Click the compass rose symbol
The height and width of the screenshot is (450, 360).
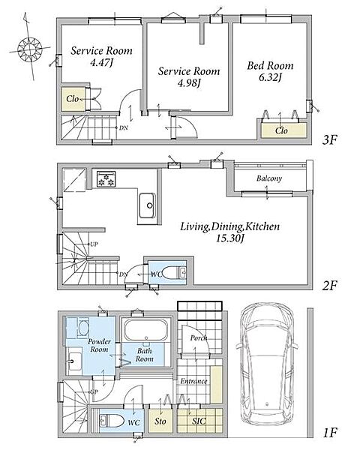pyautogui.click(x=29, y=48)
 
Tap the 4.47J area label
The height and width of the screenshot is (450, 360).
pyautogui.click(x=101, y=62)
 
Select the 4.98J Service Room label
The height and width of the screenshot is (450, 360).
pyautogui.click(x=189, y=77)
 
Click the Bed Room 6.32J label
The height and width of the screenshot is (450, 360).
pyautogui.click(x=270, y=71)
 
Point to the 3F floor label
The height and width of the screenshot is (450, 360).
pyautogui.click(x=329, y=140)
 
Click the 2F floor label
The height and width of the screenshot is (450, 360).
pyautogui.click(x=329, y=286)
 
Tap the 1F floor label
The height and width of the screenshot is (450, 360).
pyautogui.click(x=329, y=433)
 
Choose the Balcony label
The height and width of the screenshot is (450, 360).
pyautogui.click(x=269, y=178)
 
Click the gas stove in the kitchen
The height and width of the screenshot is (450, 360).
pyautogui.click(x=106, y=179)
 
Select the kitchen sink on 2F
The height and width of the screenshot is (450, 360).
pyautogui.click(x=148, y=205)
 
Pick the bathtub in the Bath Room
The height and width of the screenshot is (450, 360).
pyautogui.click(x=145, y=330)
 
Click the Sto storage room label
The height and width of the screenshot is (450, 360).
pyautogui.click(x=160, y=421)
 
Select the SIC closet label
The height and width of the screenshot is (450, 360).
pyautogui.click(x=199, y=421)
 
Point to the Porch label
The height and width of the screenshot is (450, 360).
pyautogui.click(x=199, y=338)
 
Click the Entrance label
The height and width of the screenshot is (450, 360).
pyautogui.click(x=193, y=381)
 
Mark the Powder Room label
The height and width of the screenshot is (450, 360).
pyautogui.click(x=99, y=346)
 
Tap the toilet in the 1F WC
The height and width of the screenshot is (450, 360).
pyautogui.click(x=112, y=421)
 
